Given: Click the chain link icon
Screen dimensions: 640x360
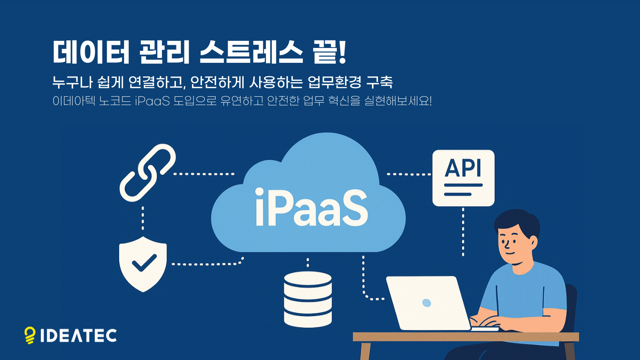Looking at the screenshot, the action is click(147, 173).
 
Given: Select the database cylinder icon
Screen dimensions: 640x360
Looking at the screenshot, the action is click(308, 299).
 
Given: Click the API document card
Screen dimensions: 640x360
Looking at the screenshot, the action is click(463, 178).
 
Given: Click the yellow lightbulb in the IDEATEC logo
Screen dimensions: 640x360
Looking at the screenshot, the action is click(30, 335).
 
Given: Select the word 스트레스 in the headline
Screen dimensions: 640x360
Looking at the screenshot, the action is click(251, 52).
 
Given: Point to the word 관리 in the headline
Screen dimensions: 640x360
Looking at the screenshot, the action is click(164, 52).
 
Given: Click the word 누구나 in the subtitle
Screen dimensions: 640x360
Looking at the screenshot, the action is click(72, 82).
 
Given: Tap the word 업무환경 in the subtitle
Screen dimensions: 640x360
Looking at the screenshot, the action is click(334, 82).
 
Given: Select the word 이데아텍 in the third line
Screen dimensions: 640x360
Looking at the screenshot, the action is click(74, 100).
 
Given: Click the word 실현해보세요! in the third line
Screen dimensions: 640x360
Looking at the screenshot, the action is click(398, 100).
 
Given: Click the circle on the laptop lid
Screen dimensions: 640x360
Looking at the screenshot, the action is click(427, 303).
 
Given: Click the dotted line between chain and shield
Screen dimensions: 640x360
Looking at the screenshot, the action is click(143, 218).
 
